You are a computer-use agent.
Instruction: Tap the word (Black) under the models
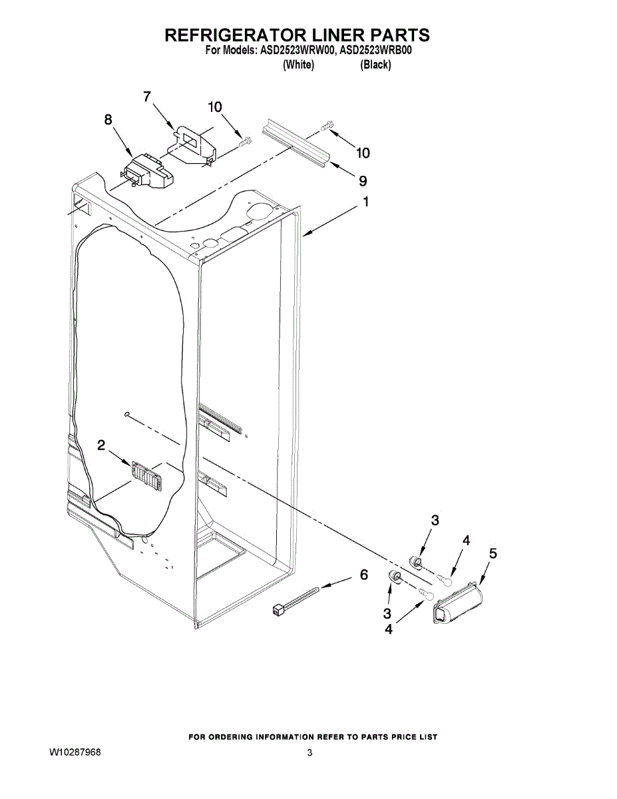pyautogui.click(x=375, y=65)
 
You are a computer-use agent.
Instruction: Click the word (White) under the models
pyautogui.click(x=298, y=65)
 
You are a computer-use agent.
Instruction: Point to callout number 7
pyautogui.click(x=148, y=97)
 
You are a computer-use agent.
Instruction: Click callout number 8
pyautogui.click(x=108, y=119)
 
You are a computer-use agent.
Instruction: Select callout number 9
pyautogui.click(x=363, y=180)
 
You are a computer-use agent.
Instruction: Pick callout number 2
pyautogui.click(x=101, y=445)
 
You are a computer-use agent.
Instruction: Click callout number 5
pyautogui.click(x=493, y=553)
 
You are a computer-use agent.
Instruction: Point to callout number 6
pyautogui.click(x=363, y=575)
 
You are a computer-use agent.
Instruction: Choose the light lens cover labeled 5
pyautogui.click(x=459, y=601)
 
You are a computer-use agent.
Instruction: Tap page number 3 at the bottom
pyautogui.click(x=309, y=753)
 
